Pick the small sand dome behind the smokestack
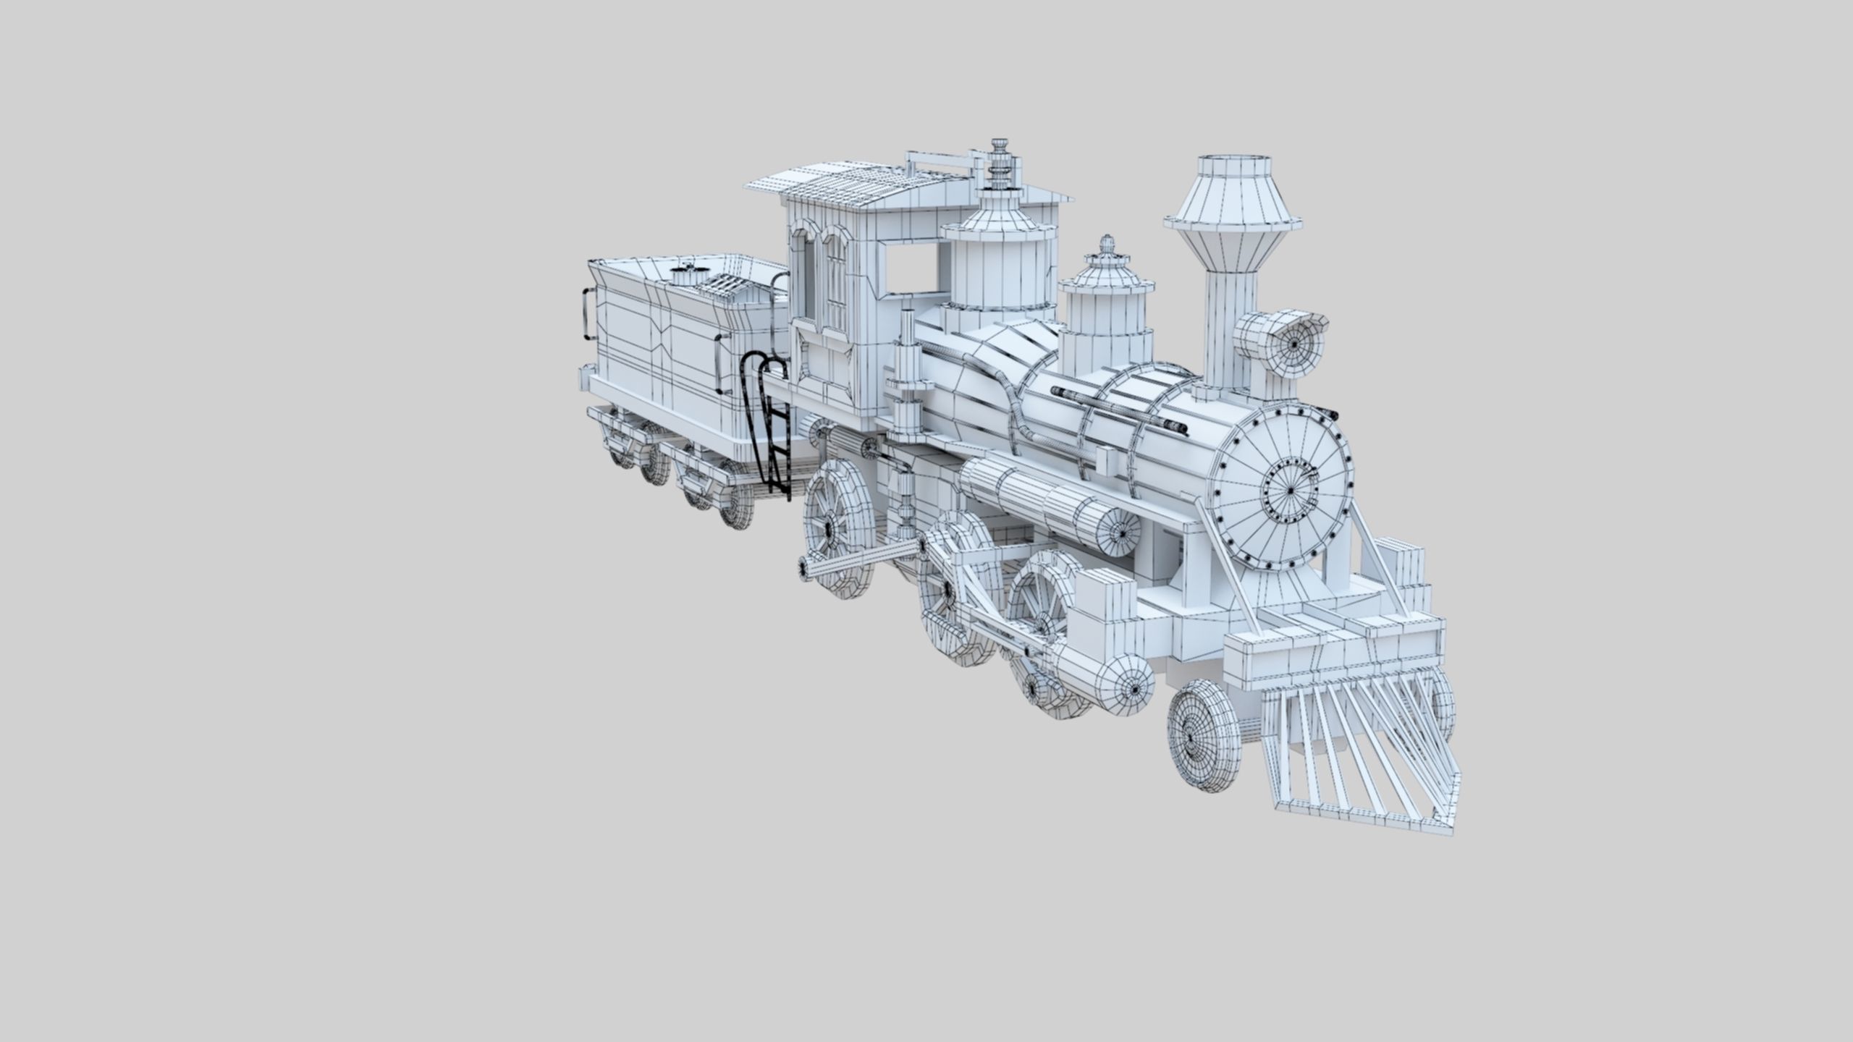(1105, 318)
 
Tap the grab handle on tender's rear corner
(587, 315)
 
